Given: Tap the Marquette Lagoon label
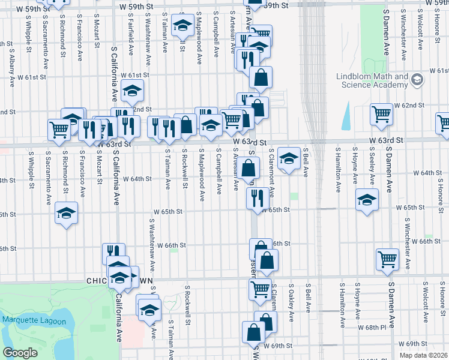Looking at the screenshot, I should tap(28, 319).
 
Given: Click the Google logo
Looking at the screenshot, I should tap(19, 353).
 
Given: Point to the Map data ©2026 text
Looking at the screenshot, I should tap(423, 355).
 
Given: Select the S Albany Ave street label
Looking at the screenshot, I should tap(11, 61).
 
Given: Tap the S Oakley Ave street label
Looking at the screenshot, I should tap(291, 298).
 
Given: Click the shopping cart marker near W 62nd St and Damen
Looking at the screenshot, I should tap(382, 115).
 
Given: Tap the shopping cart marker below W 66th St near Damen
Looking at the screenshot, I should tap(387, 259).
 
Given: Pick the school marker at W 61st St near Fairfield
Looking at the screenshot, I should tap(132, 92).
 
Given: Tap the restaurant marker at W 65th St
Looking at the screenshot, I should tap(258, 197).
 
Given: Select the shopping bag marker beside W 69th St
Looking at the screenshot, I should tap(253, 332).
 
